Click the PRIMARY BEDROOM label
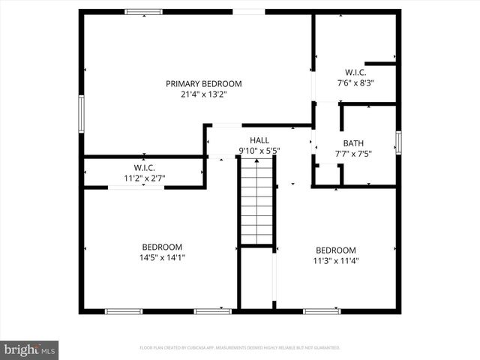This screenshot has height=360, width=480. pyautogui.click(x=204, y=84)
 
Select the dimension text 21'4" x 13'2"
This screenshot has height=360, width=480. pyautogui.click(x=204, y=94)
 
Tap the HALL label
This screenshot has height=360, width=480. pyautogui.click(x=259, y=140)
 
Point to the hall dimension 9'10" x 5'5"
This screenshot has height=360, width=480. pyautogui.click(x=259, y=151)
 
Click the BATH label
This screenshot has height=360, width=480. pyautogui.click(x=353, y=143)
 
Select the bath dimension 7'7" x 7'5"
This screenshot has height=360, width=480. pyautogui.click(x=353, y=154)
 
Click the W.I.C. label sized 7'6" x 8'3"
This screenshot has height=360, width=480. pyautogui.click(x=355, y=73)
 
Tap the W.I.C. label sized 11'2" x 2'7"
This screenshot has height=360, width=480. pyautogui.click(x=144, y=167)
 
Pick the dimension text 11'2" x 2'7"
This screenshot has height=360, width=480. pyautogui.click(x=144, y=178)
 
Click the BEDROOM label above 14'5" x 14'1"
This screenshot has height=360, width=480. pyautogui.click(x=162, y=247)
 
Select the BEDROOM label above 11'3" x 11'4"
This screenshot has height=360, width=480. pyautogui.click(x=335, y=250)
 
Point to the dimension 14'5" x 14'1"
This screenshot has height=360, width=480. pyautogui.click(x=162, y=257)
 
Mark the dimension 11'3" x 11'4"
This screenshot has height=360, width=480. pyautogui.click(x=335, y=261)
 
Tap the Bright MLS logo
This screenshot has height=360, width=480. pyautogui.click(x=30, y=349)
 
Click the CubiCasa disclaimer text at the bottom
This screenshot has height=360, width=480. pyautogui.click(x=240, y=348)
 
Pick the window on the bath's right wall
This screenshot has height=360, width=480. pyautogui.click(x=398, y=142)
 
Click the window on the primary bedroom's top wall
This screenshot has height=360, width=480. pyautogui.click(x=144, y=12)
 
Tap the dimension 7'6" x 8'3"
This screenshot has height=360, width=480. pyautogui.click(x=355, y=83)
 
